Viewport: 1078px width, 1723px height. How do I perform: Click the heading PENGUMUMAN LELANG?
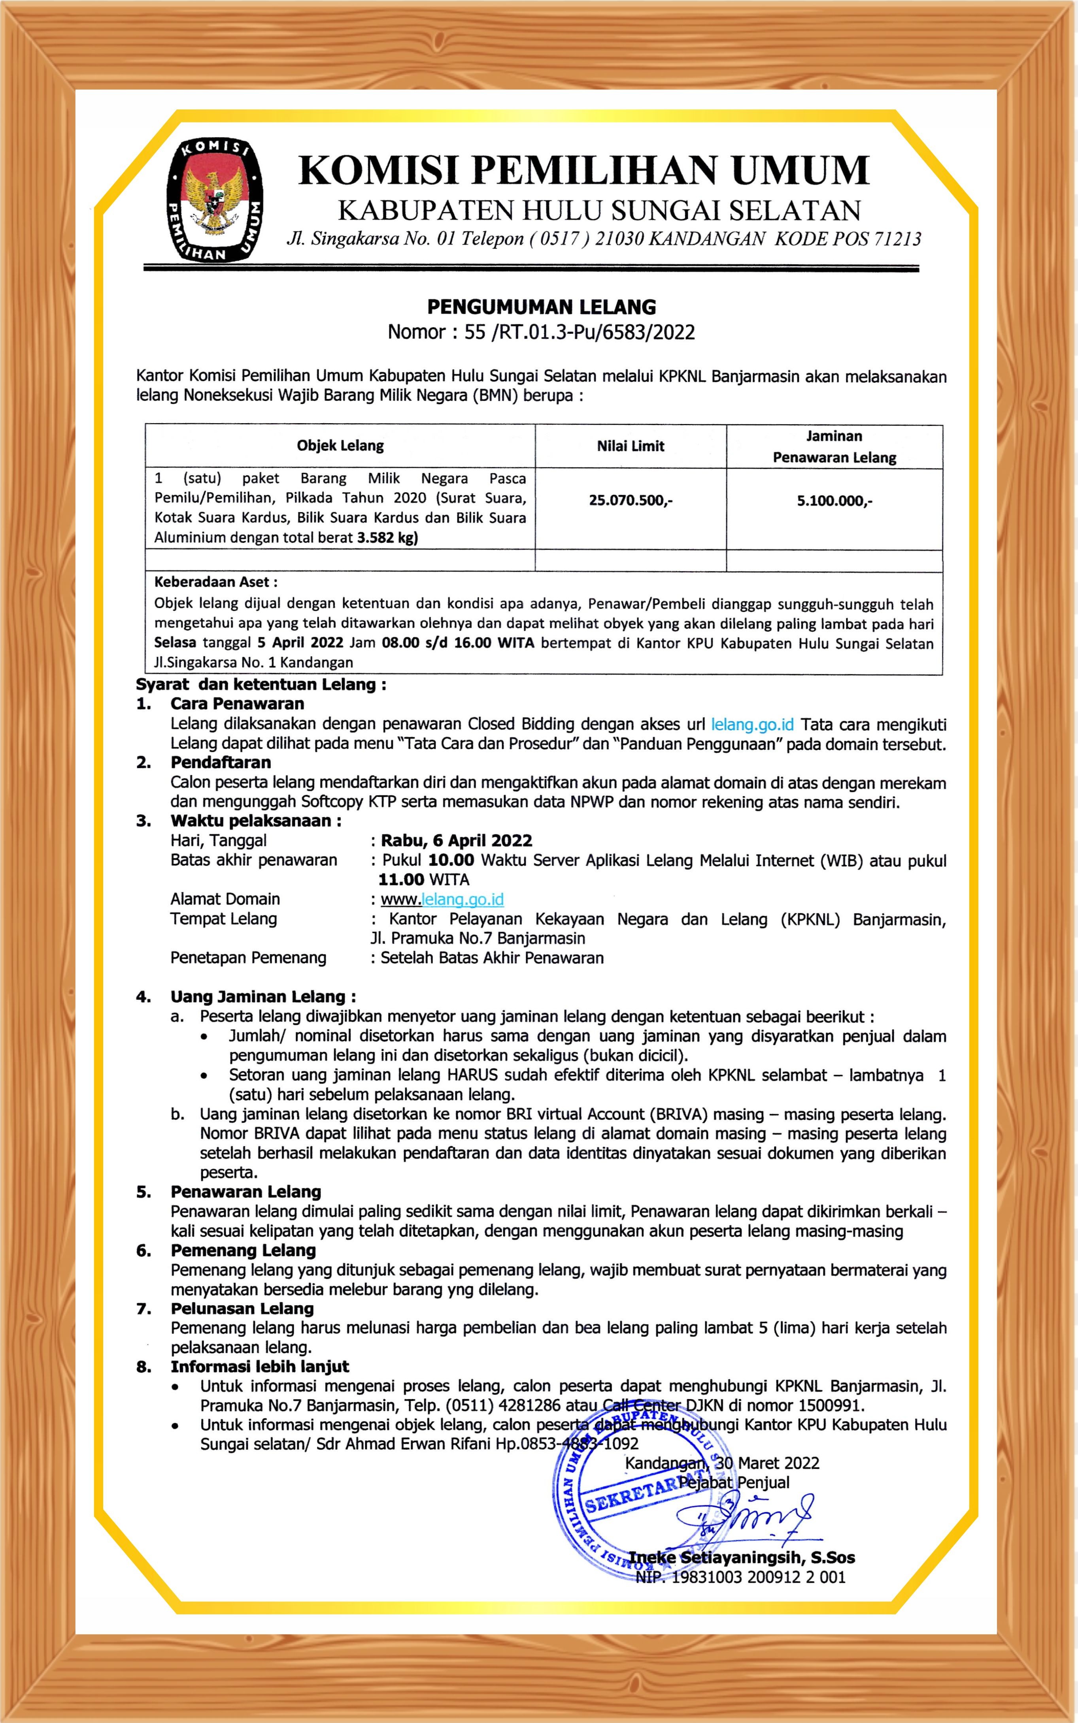coord(541,307)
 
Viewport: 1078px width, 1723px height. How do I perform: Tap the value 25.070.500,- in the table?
coord(630,500)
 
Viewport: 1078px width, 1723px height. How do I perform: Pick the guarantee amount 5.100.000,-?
coord(834,500)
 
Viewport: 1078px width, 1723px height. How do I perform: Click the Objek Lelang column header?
coord(340,446)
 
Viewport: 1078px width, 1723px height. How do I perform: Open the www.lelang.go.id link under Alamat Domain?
coord(442,899)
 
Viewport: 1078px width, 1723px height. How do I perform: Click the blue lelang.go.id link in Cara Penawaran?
coord(752,725)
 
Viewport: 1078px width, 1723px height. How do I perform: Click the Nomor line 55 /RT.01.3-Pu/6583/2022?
coord(541,332)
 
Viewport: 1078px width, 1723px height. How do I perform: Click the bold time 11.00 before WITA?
coord(401,879)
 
